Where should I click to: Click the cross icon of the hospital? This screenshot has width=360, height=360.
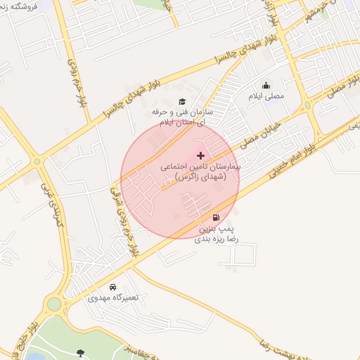pyautogui.click(x=201, y=155)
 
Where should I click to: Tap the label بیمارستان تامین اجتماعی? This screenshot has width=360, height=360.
pyautogui.click(x=200, y=169)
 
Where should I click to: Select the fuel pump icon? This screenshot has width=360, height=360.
pyautogui.click(x=215, y=217)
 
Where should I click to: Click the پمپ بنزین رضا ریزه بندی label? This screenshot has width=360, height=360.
pyautogui.click(x=217, y=234)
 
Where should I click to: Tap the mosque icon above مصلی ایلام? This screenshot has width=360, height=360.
pyautogui.click(x=266, y=85)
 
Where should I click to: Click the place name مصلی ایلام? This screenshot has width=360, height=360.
pyautogui.click(x=265, y=96)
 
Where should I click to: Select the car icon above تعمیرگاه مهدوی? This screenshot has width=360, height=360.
pyautogui.click(x=113, y=287)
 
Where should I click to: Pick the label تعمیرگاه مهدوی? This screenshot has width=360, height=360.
pyautogui.click(x=114, y=297)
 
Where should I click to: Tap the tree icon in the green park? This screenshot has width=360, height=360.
pyautogui.click(x=79, y=352)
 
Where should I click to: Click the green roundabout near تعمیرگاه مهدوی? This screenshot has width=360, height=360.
pyautogui.click(x=53, y=304)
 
